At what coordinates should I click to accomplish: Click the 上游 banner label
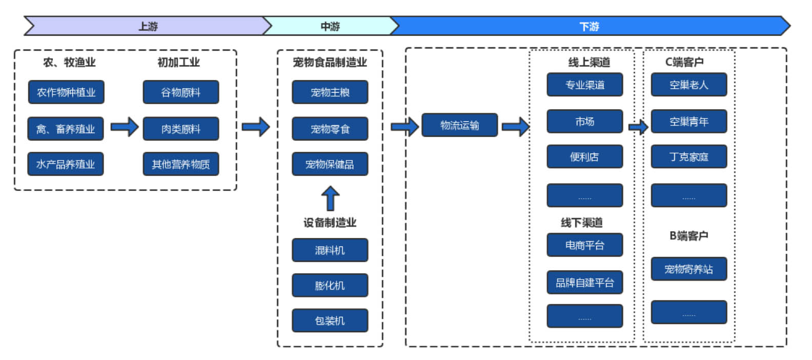(148, 27)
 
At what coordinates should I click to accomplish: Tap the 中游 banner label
(330, 27)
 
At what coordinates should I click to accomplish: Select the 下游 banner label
(589, 27)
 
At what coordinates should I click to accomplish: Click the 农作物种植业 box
(66, 92)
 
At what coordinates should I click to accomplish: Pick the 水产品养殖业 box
(66, 164)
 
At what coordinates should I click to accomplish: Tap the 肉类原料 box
(181, 129)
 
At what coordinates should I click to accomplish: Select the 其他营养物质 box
(181, 164)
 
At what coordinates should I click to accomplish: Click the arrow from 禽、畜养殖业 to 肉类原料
(125, 127)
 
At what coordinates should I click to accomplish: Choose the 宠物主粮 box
(330, 92)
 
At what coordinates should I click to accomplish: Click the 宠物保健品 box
(330, 164)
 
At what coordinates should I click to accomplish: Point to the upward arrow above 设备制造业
(330, 198)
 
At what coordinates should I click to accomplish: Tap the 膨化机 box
(330, 285)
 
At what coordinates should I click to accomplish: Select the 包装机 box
(330, 321)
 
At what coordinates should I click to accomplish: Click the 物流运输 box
(460, 125)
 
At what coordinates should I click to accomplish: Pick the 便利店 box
(585, 156)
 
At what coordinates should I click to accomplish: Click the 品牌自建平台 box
(585, 283)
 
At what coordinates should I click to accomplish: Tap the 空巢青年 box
(689, 122)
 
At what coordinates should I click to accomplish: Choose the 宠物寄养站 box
(689, 269)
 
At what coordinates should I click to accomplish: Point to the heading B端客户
(689, 236)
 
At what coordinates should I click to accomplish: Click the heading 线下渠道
(582, 223)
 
